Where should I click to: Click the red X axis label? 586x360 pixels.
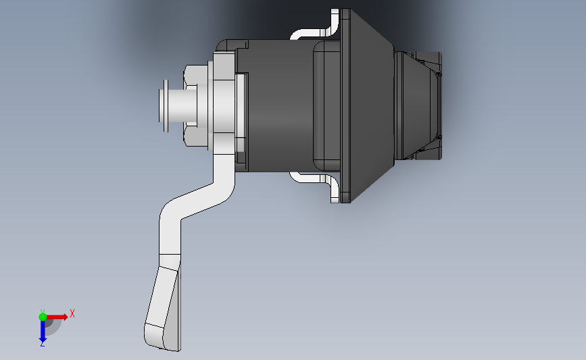coord(72,313)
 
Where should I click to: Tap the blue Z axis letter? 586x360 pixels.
coord(42,344)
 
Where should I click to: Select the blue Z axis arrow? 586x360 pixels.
coord(42,330)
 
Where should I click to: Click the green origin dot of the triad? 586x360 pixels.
coord(43,316)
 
